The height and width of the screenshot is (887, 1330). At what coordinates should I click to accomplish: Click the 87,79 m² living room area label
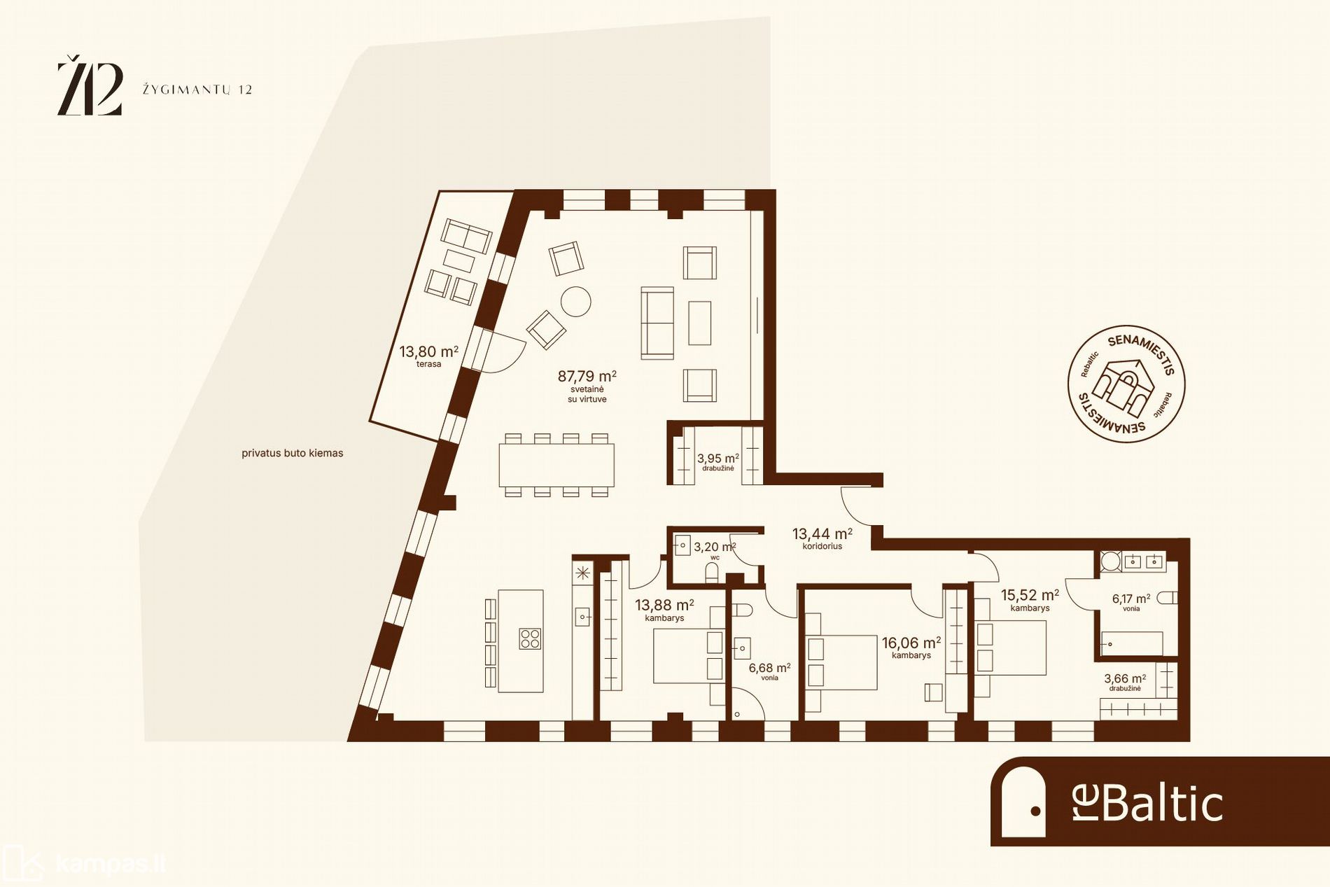coord(587,386)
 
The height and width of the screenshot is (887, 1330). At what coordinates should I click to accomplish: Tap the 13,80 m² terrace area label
coord(428,356)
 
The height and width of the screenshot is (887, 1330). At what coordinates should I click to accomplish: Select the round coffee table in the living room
coord(576,302)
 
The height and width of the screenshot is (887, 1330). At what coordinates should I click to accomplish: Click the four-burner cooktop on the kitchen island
coord(530,638)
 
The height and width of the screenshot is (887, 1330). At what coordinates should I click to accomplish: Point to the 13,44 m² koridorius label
coord(822,538)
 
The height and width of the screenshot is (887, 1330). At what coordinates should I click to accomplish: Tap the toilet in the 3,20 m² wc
coord(712,573)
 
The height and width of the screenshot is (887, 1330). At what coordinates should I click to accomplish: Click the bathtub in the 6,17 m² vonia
coord(1132,643)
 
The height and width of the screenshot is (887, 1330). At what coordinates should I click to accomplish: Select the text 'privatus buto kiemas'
coord(293,453)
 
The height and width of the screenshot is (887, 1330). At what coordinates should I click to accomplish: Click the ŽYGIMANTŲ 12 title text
coord(197,90)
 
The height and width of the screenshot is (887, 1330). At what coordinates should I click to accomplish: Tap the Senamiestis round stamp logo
coord(1126,384)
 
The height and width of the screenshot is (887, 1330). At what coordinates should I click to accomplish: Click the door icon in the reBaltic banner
coord(1023,802)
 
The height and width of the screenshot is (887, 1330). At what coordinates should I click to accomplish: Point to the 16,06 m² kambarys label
coord(911,648)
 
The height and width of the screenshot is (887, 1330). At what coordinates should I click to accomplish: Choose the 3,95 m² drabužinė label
coord(717,462)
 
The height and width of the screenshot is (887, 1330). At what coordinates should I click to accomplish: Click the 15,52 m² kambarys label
coord(1030,600)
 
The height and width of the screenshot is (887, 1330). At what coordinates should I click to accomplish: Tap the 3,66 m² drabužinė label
coord(1125,682)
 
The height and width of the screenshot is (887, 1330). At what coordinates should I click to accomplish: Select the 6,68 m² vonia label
coord(769,671)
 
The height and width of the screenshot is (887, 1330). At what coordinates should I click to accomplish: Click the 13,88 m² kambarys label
coord(664,609)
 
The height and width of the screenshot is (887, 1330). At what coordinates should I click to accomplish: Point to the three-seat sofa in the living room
coord(657,322)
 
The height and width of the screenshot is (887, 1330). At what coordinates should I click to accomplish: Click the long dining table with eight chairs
coord(556,465)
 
